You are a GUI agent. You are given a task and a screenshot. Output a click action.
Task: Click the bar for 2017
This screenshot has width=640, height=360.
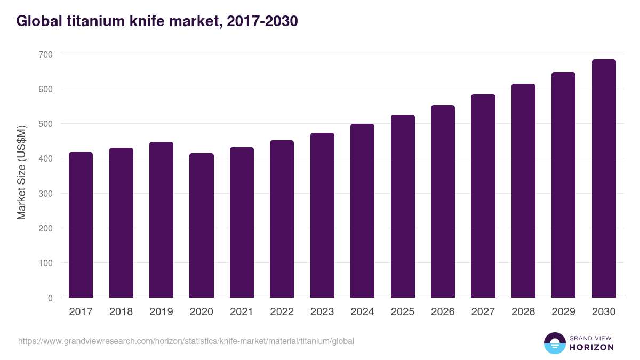tap(81, 225)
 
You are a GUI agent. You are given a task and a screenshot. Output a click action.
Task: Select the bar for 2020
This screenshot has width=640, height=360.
tap(201, 226)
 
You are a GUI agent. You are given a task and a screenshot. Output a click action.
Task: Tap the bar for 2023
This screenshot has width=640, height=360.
tap(322, 215)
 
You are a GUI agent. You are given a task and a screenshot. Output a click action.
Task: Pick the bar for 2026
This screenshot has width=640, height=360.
tap(443, 202)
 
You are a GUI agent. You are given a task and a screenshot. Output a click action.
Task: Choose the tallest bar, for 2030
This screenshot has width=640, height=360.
tap(604, 179)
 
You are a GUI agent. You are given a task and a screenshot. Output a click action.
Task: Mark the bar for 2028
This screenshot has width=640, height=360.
tap(523, 191)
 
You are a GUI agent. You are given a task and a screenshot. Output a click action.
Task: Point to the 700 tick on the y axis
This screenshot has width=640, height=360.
tap(46, 54)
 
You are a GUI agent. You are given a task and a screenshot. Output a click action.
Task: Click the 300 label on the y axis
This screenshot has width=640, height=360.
tap(46, 194)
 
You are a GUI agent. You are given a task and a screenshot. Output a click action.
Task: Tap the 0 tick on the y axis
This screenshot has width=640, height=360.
tap(50, 298)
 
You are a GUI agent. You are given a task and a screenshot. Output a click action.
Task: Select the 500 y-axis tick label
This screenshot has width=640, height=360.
tap(46, 124)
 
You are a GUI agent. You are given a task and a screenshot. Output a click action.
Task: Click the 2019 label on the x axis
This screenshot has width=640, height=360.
tap(161, 312)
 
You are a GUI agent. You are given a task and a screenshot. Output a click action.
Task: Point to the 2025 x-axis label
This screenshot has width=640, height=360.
tap(403, 312)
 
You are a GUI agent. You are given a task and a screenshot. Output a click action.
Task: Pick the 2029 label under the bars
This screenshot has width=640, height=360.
tap(563, 312)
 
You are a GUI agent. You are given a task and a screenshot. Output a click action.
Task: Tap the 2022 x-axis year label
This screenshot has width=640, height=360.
tap(282, 312)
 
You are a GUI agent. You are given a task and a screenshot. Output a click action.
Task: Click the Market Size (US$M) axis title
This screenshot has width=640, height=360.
tap(21, 173)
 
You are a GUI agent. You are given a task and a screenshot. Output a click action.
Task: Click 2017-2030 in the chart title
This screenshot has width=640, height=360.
tap(262, 21)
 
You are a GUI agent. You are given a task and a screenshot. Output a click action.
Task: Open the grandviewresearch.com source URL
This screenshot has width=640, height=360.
tap(186, 341)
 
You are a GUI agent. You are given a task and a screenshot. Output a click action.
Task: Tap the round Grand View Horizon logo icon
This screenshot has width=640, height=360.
tap(555, 343)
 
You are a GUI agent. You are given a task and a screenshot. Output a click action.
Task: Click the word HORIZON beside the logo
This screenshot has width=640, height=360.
tap(591, 347)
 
